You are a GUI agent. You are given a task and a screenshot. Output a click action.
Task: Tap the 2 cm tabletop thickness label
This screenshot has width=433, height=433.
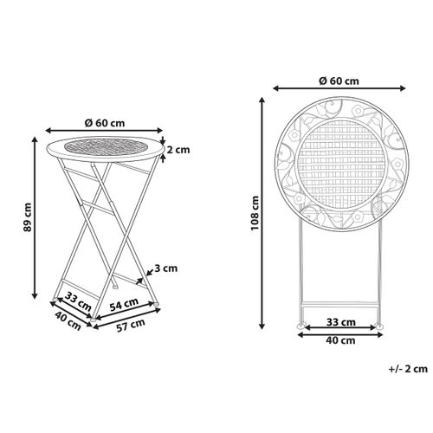tap(178, 150)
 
